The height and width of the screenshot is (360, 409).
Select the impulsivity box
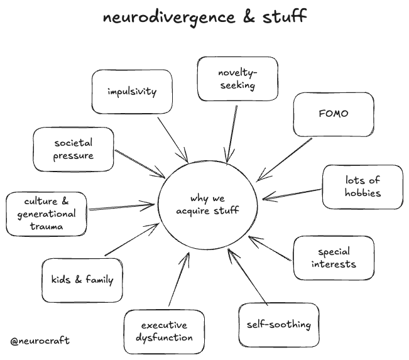131,92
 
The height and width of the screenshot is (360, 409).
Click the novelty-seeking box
237,79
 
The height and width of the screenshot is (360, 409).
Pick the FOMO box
333,114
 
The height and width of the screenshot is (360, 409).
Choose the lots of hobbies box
363,187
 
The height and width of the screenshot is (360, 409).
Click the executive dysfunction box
164,331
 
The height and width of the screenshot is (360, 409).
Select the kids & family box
82,280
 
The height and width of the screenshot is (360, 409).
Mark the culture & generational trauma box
46,214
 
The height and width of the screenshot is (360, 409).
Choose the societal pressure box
74,149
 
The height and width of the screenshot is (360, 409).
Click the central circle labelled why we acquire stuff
207,204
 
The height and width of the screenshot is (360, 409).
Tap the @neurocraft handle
40,341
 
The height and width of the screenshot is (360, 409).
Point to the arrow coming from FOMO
284,160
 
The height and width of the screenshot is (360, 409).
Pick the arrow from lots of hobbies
292,194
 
